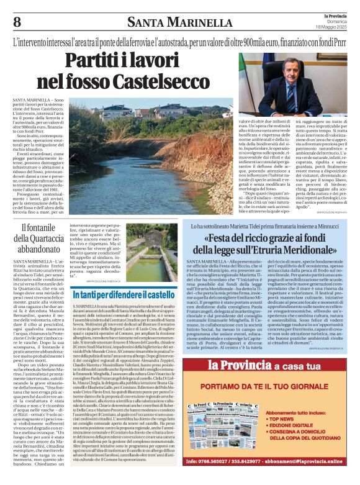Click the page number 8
coord(17,22)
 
